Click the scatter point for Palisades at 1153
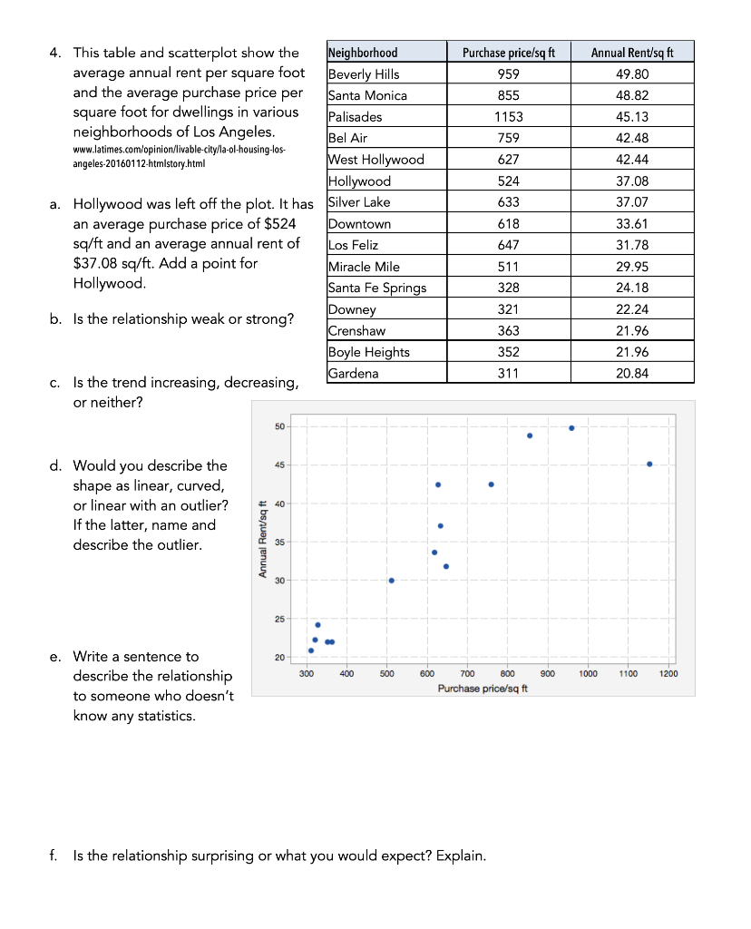[649, 464]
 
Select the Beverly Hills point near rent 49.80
[571, 428]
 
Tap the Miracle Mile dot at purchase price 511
[391, 581]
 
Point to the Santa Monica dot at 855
[530, 435]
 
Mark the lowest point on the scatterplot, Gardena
[311, 650]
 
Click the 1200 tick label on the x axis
[669, 673]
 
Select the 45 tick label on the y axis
[278, 465]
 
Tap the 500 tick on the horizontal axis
[386, 673]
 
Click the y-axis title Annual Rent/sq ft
[262, 540]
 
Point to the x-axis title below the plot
[483, 689]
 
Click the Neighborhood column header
[362, 53]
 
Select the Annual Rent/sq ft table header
[631, 53]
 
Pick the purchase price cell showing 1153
[508, 117]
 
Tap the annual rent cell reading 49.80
[631, 74]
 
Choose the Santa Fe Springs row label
[376, 288]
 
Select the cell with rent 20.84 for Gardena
[631, 374]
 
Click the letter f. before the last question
[55, 856]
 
